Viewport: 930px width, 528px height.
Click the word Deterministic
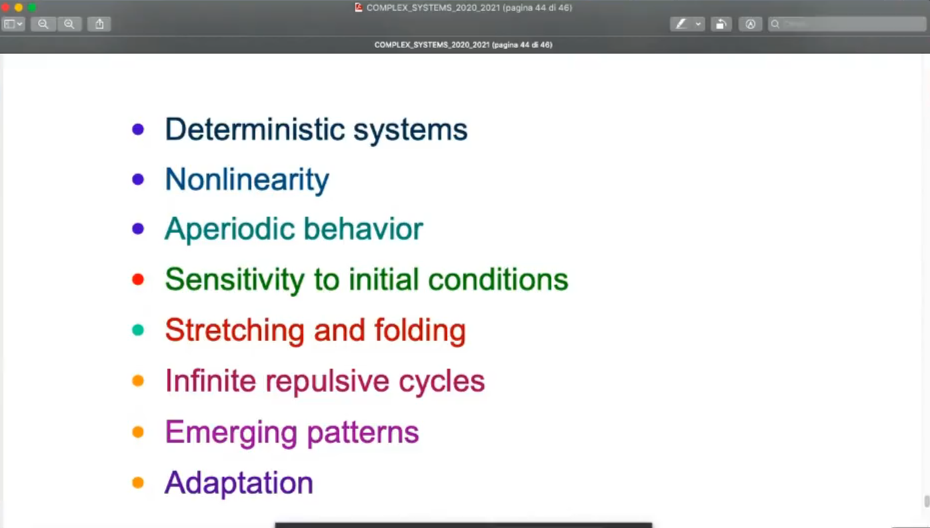255,129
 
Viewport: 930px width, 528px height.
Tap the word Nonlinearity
247,180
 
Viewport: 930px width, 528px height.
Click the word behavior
363,229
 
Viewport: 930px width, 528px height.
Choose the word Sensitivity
235,279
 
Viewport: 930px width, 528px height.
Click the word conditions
498,279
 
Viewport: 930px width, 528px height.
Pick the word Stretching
235,331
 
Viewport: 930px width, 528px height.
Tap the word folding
420,331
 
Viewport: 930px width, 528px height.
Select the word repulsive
327,381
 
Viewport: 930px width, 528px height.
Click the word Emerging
231,433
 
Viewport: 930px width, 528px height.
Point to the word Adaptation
239,483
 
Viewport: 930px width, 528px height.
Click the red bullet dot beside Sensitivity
138,279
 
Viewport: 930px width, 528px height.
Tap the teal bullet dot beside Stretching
138,330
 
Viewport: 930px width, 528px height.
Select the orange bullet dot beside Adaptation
138,483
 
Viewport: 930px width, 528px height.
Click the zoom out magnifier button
43,24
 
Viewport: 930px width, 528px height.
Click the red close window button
5,7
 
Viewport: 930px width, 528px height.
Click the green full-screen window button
32,7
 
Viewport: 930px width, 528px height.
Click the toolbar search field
847,24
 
